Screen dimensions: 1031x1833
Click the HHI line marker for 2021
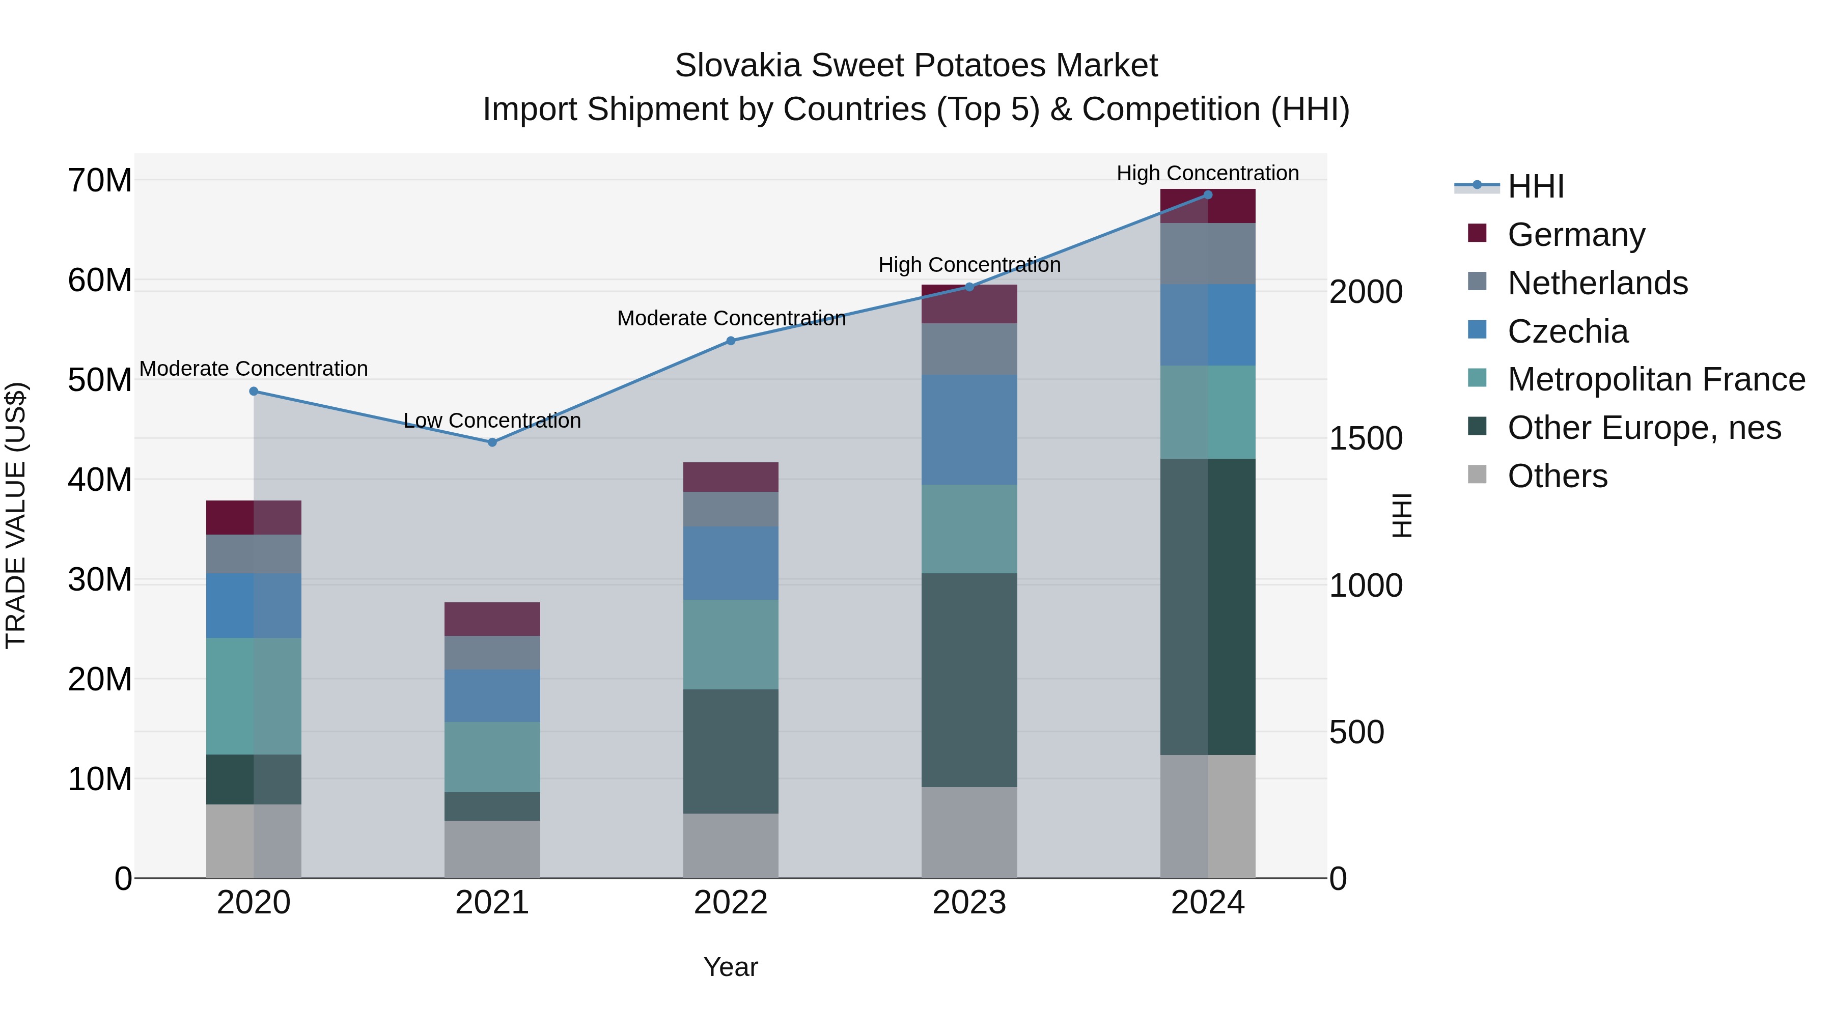(x=492, y=442)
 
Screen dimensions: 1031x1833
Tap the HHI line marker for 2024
(x=1208, y=195)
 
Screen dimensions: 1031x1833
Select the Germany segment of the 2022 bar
(x=731, y=477)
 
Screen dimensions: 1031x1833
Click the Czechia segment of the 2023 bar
(x=969, y=430)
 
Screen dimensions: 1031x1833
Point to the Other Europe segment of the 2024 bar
(x=1208, y=606)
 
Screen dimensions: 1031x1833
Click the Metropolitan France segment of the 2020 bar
(x=254, y=696)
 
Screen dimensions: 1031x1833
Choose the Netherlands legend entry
(x=1597, y=283)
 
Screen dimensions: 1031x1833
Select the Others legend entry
(x=1557, y=476)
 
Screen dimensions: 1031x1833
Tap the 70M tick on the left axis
(x=100, y=181)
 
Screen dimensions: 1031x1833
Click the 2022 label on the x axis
(x=730, y=903)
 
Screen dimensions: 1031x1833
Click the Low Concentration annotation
(x=492, y=421)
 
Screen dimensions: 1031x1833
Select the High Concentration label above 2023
(x=969, y=265)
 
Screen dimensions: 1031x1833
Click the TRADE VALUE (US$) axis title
(x=16, y=515)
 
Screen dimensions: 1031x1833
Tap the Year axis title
(x=730, y=967)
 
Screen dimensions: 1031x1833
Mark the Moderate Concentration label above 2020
(x=254, y=369)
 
